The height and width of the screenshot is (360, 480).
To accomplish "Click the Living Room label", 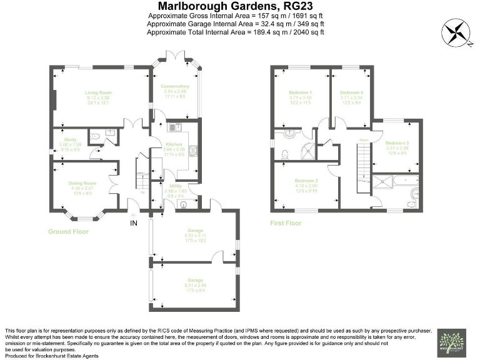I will click(97, 92).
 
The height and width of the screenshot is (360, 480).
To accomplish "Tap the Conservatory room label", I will click(174, 86).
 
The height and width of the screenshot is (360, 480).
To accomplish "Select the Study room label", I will click(69, 139).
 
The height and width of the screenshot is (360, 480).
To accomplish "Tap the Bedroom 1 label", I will click(301, 92).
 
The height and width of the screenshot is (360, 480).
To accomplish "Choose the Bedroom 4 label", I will click(352, 92).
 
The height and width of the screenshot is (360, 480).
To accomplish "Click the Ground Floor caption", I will click(69, 231).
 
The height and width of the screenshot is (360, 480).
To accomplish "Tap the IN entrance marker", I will click(134, 222).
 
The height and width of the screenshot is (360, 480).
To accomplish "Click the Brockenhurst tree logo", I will click(452, 342).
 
